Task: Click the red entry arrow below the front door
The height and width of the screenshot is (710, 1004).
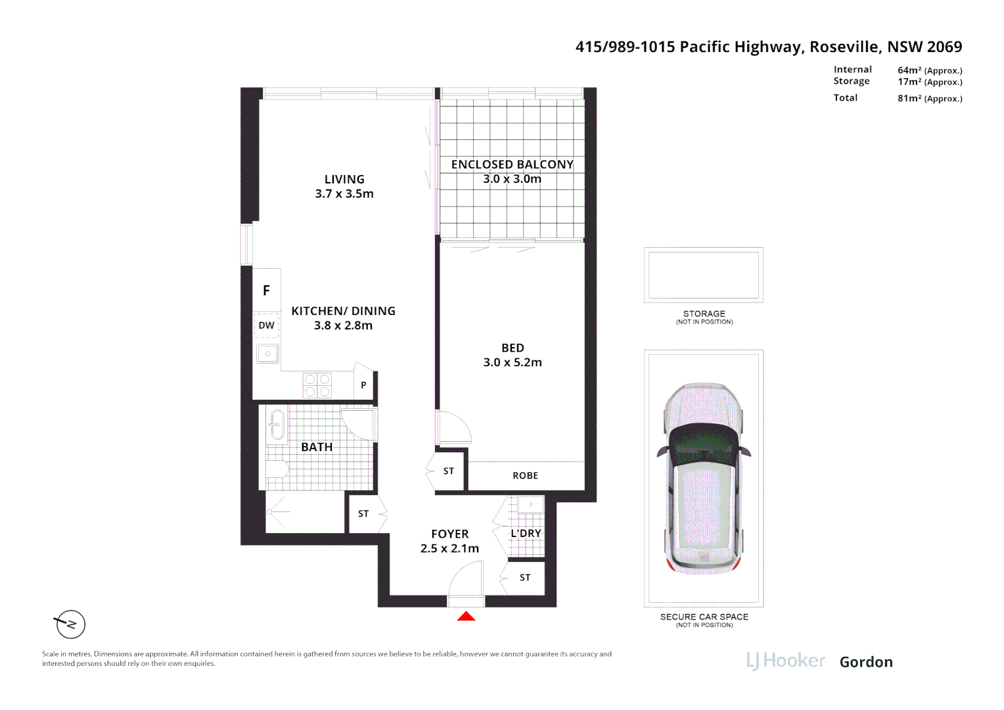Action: pyautogui.click(x=466, y=616)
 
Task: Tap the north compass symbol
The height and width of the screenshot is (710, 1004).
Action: pyautogui.click(x=70, y=624)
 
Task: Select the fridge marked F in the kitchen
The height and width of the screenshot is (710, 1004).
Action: pyautogui.click(x=267, y=290)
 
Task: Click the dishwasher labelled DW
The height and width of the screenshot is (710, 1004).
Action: pyautogui.click(x=267, y=325)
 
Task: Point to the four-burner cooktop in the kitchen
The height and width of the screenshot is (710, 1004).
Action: pyautogui.click(x=317, y=385)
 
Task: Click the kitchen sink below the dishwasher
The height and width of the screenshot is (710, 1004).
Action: pyautogui.click(x=267, y=354)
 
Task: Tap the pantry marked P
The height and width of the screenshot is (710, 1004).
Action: pyautogui.click(x=363, y=385)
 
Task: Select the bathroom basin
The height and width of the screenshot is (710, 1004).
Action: pyautogui.click(x=277, y=424)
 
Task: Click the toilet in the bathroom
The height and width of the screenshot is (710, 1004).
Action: pyautogui.click(x=277, y=470)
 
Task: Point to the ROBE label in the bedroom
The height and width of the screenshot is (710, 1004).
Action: pyautogui.click(x=525, y=475)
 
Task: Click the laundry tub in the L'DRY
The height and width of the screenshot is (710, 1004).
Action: pyautogui.click(x=531, y=505)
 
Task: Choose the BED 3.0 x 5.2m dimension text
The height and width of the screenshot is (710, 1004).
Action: pyautogui.click(x=513, y=362)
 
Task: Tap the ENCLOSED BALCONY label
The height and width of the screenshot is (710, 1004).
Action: pyautogui.click(x=513, y=164)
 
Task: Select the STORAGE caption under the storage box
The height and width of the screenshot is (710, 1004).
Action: pyautogui.click(x=704, y=314)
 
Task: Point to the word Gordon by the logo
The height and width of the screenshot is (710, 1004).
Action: pyautogui.click(x=866, y=662)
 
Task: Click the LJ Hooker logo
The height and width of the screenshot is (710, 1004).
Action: pyautogui.click(x=786, y=661)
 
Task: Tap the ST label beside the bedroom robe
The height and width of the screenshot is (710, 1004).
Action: pyautogui.click(x=449, y=471)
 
